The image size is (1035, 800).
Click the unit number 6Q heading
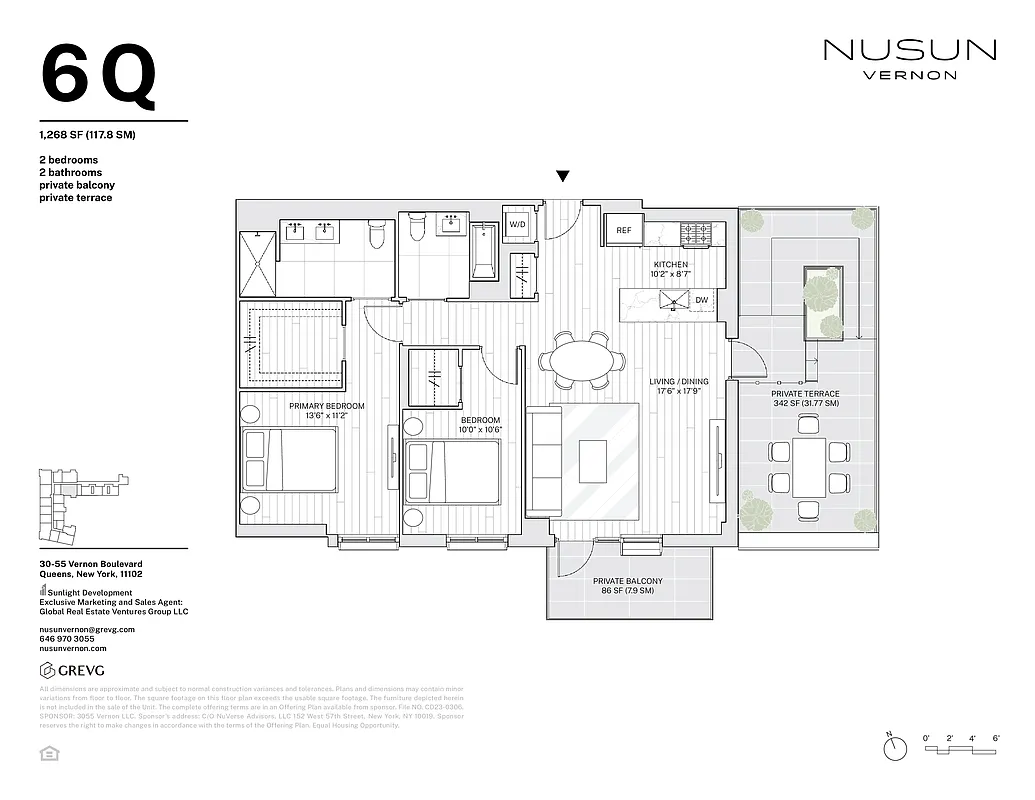click(98, 76)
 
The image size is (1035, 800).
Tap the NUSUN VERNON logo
click(909, 58)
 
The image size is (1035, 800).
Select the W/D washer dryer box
click(518, 225)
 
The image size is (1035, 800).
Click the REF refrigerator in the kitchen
click(623, 230)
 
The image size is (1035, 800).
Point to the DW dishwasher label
click(701, 299)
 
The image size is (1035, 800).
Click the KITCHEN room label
click(670, 265)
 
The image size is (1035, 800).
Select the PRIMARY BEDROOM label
click(326, 406)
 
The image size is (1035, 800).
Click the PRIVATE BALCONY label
click(623, 581)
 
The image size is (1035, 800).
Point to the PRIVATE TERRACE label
click(805, 394)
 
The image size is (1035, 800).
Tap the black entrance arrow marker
click(563, 177)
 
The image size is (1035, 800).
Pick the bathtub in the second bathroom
click(484, 251)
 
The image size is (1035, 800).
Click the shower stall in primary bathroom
click(258, 263)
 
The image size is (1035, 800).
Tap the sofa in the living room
click(543, 461)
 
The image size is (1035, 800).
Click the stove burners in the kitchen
click(697, 233)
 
